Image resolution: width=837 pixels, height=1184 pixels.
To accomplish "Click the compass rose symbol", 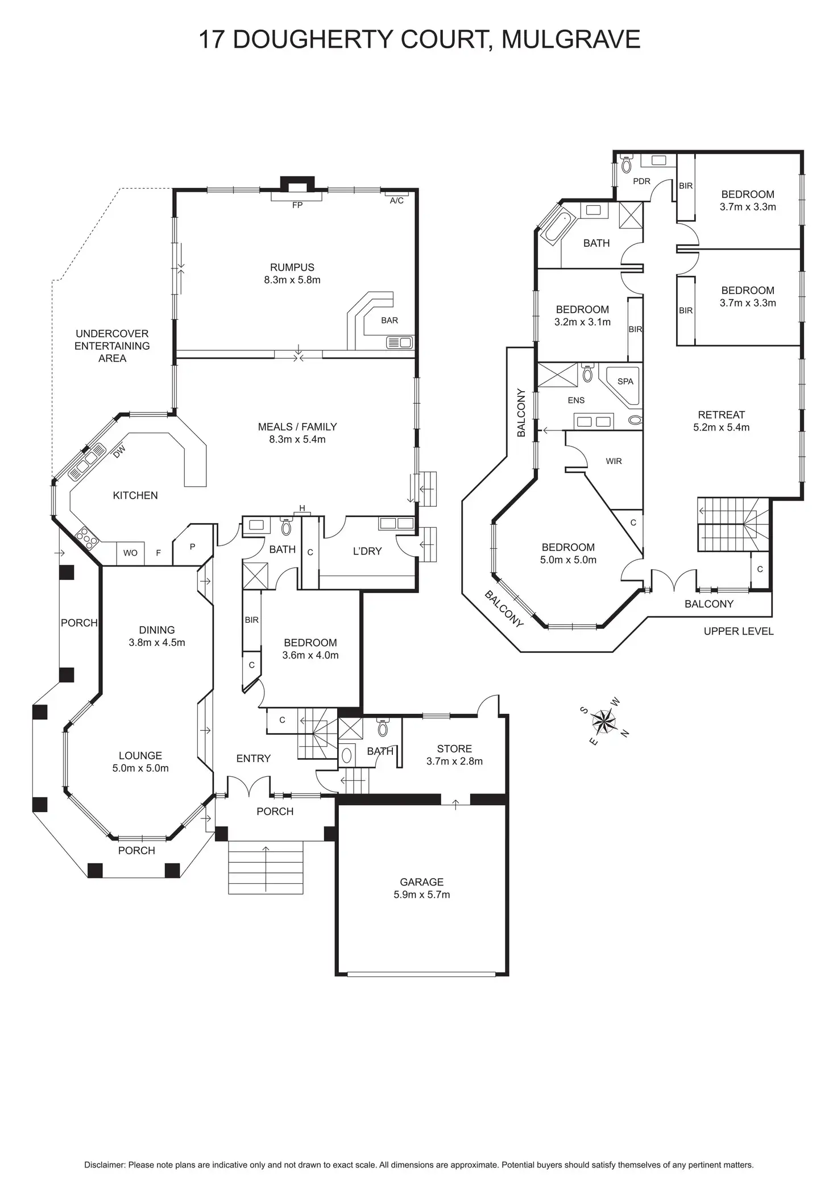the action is (604, 722).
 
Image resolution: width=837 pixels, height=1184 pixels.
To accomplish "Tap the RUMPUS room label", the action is (292, 267).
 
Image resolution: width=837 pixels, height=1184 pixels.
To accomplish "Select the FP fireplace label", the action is (297, 205).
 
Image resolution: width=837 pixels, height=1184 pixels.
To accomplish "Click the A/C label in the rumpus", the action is (397, 201).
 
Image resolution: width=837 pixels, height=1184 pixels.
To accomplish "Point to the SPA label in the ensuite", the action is (625, 382).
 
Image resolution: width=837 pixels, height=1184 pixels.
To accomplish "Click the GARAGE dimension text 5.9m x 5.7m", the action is (422, 895).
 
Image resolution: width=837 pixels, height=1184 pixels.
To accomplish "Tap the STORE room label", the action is (454, 749).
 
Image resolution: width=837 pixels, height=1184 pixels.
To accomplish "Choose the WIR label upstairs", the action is (614, 461).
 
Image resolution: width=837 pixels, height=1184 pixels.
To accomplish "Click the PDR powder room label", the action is (641, 181).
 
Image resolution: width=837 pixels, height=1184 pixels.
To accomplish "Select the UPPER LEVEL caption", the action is (739, 631).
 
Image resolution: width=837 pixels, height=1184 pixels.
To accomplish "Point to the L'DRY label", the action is (367, 551).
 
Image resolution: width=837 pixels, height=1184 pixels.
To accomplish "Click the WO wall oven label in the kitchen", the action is (130, 553).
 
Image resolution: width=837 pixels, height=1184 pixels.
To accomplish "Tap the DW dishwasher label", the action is (119, 452).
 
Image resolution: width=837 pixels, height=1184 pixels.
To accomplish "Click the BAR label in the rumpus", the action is (390, 320).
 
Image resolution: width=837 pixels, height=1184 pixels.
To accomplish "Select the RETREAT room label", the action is (722, 415).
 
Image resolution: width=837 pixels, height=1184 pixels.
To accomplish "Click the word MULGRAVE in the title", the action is (571, 40).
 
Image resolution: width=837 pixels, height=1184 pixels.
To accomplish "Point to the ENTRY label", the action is (254, 758).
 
